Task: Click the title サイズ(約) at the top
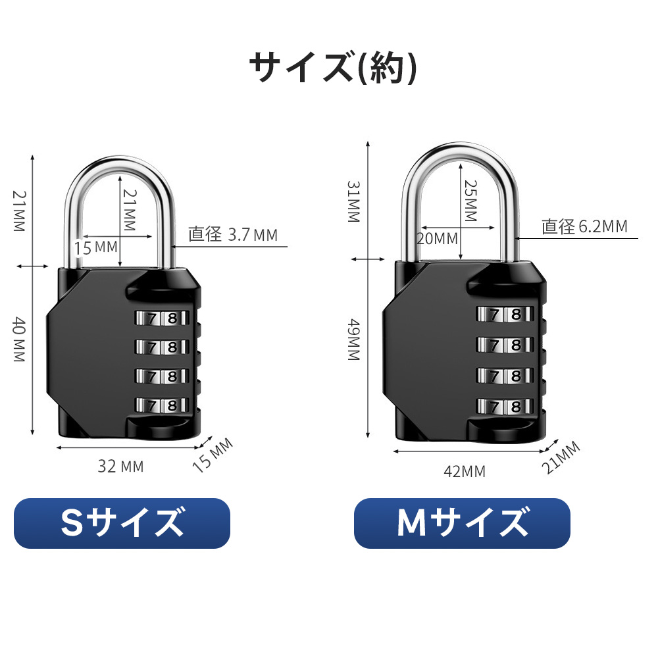tap(333, 68)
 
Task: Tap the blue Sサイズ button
tap(122, 523)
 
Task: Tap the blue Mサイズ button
tap(462, 523)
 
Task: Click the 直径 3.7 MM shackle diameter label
tap(233, 235)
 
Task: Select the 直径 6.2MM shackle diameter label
tap(584, 226)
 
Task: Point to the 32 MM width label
tap(121, 467)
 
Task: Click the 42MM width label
tap(465, 471)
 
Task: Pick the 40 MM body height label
tap(19, 339)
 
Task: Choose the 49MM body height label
tap(354, 340)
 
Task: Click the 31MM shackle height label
tap(354, 201)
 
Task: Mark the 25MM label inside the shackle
tap(470, 201)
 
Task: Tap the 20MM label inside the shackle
tap(437, 238)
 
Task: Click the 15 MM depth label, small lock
tap(213, 455)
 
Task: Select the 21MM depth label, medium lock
tap(561, 457)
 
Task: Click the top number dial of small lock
tap(162, 318)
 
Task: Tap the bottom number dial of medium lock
tap(505, 406)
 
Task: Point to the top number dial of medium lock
tap(505, 314)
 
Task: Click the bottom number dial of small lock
tap(162, 405)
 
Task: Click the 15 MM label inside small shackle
tap(96, 247)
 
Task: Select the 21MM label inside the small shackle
tap(130, 211)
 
